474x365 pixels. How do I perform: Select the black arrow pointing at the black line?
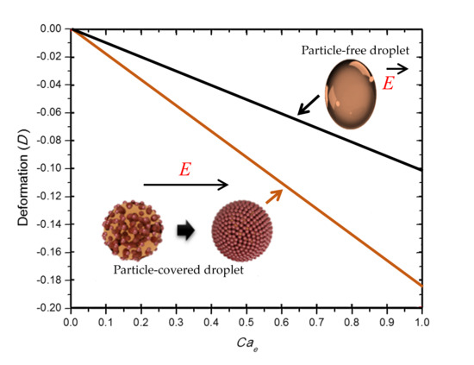[307, 105]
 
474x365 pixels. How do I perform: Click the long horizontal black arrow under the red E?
[185, 184]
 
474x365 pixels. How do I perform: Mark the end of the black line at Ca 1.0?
[421, 169]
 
